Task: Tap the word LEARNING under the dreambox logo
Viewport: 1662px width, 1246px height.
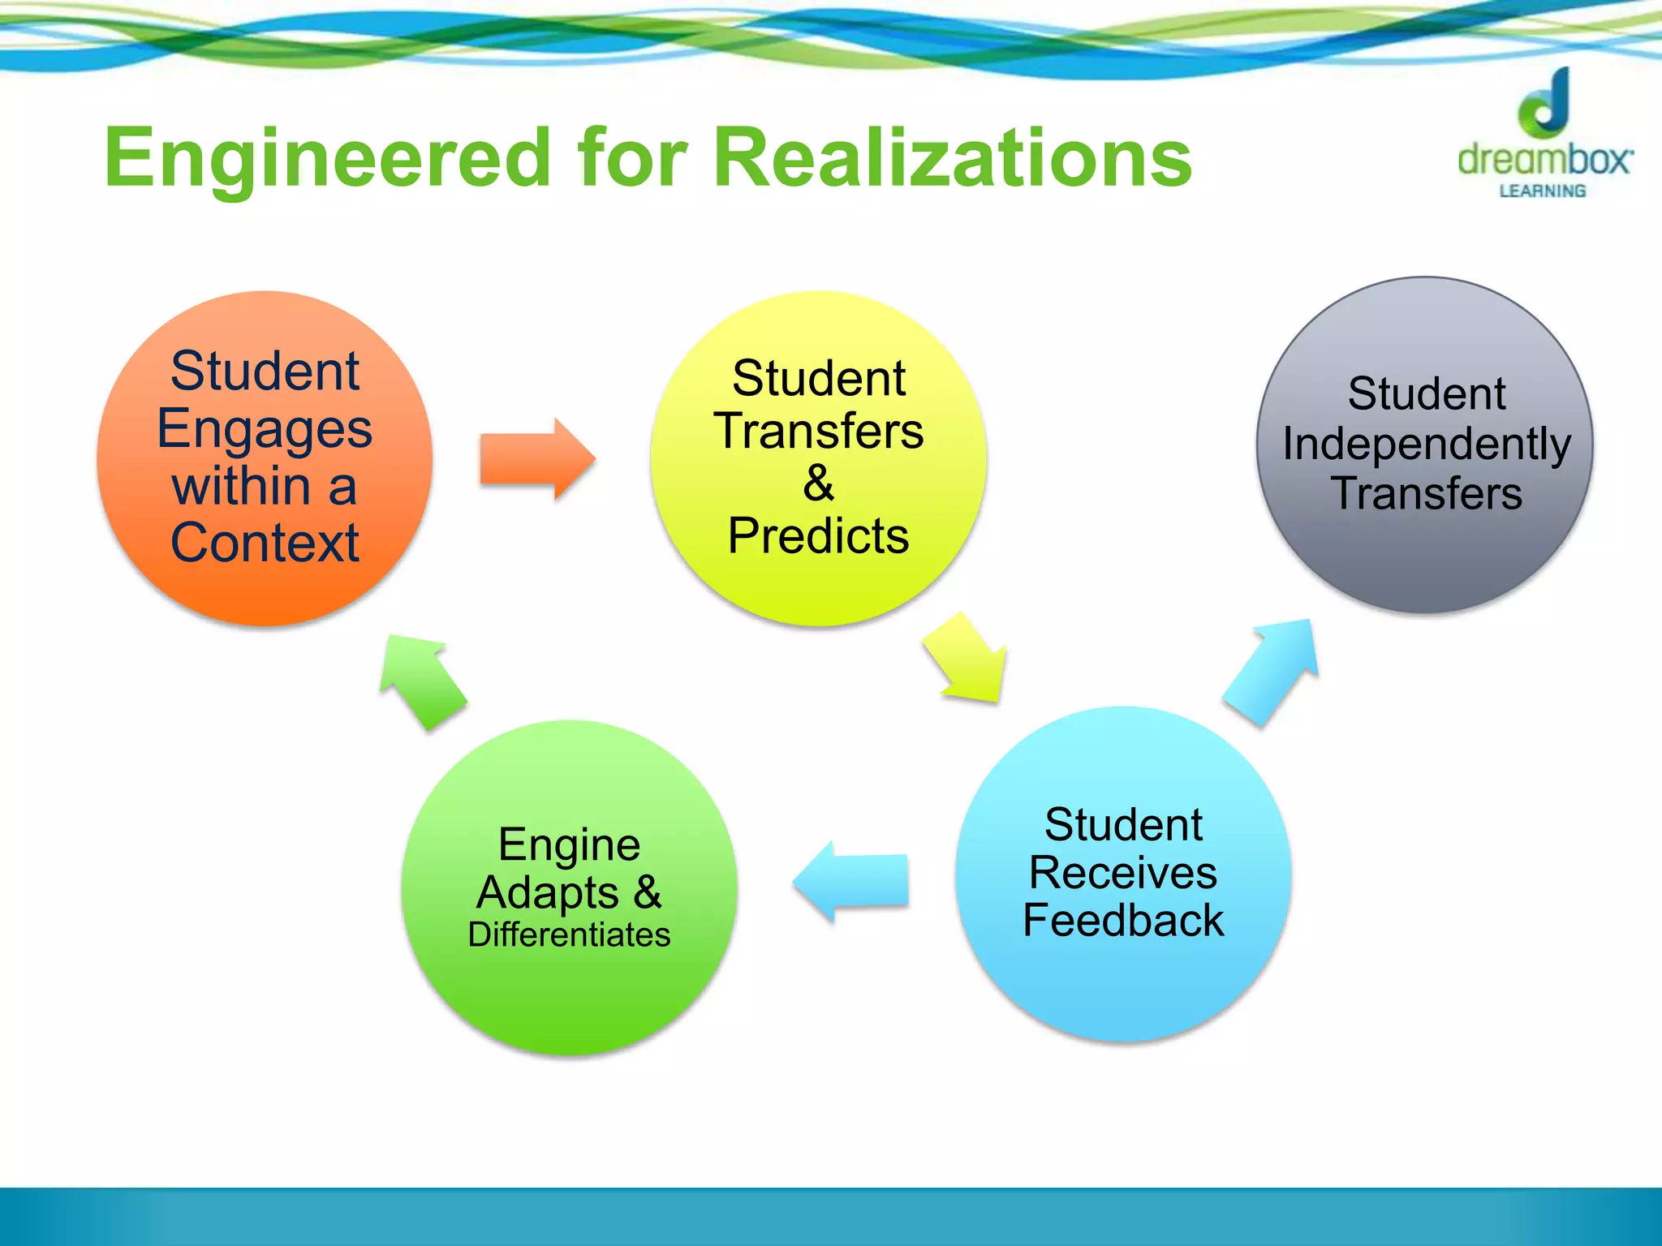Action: (x=1542, y=191)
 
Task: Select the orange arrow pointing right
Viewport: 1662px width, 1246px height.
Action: (x=536, y=459)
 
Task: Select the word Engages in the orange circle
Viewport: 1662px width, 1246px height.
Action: (x=265, y=429)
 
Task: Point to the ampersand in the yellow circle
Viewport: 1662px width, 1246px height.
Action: (x=818, y=483)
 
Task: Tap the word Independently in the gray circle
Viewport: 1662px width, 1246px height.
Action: (x=1426, y=445)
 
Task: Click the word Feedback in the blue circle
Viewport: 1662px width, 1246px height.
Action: (x=1123, y=920)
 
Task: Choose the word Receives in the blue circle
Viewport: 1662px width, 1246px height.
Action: (x=1123, y=873)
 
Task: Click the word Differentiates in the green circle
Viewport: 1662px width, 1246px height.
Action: (x=569, y=934)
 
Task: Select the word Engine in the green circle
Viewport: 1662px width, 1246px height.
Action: (x=569, y=845)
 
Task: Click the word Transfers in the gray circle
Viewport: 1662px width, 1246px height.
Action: (x=1426, y=493)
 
